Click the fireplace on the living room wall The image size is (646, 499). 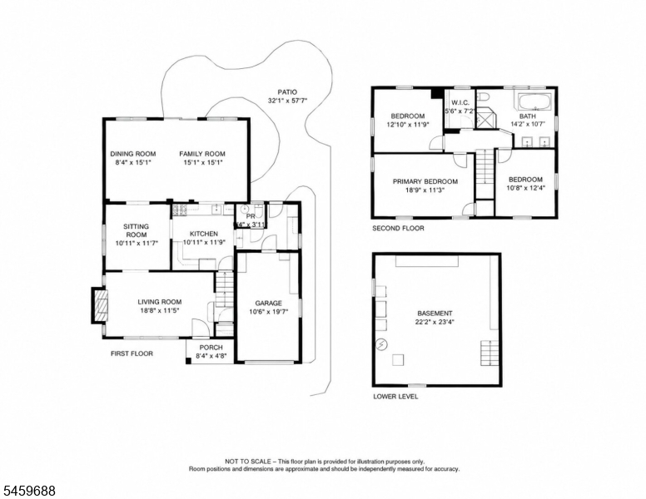pyautogui.click(x=99, y=305)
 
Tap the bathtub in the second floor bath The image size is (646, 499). pyautogui.click(x=534, y=102)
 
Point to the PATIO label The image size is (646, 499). pyautogui.click(x=287, y=92)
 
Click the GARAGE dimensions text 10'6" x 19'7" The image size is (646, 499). pyautogui.click(x=268, y=312)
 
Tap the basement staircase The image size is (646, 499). pyautogui.click(x=489, y=353)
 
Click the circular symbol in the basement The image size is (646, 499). pyautogui.click(x=381, y=344)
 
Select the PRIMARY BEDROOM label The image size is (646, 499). pyautogui.click(x=425, y=181)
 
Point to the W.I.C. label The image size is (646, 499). pyautogui.click(x=460, y=102)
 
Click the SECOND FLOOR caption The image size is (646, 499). pyautogui.click(x=398, y=228)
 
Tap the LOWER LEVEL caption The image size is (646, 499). pyautogui.click(x=395, y=397)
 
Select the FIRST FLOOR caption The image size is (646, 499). pyautogui.click(x=132, y=353)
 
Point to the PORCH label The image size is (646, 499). pyautogui.click(x=211, y=348)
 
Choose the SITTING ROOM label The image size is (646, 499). pyautogui.click(x=137, y=230)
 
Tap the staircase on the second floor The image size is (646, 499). pyautogui.click(x=484, y=167)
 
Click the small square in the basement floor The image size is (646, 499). pyautogui.click(x=398, y=359)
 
